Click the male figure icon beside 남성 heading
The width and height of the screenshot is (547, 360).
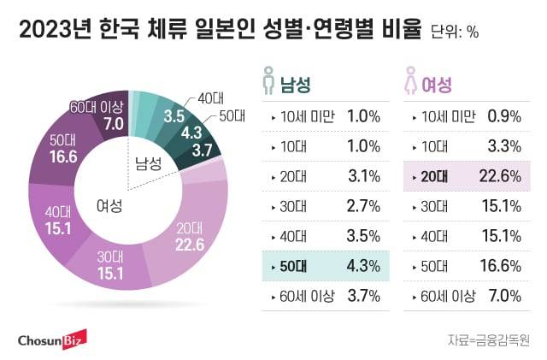[268, 84]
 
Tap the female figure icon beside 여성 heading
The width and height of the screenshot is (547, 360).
[412, 84]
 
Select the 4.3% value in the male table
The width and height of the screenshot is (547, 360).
[363, 265]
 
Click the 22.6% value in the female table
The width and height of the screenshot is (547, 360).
[504, 176]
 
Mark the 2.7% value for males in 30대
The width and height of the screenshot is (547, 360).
[363, 206]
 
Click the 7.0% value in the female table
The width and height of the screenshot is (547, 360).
[504, 295]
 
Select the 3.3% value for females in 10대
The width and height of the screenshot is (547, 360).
[504, 146]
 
